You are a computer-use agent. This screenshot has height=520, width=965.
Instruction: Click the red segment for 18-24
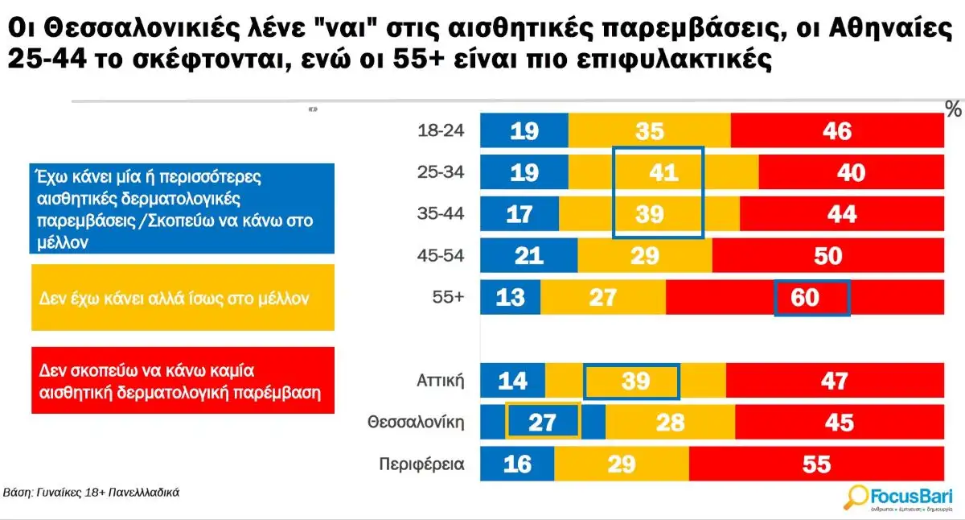click(x=836, y=131)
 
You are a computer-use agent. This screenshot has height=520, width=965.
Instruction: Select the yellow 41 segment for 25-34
click(x=663, y=172)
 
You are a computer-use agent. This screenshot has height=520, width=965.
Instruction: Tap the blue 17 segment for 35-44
click(x=519, y=214)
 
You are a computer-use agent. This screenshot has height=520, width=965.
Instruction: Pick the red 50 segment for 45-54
click(x=827, y=256)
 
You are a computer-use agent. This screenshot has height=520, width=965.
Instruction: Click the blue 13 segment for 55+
click(x=510, y=297)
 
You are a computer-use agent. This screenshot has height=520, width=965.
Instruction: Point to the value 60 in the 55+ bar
click(x=806, y=297)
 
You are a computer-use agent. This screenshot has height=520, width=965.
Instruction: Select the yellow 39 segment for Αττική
click(x=634, y=381)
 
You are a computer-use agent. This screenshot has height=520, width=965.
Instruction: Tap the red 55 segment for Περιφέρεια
click(x=815, y=464)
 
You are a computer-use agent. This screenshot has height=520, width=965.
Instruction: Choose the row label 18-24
click(x=441, y=131)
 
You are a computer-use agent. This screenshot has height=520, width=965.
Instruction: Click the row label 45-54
click(x=441, y=256)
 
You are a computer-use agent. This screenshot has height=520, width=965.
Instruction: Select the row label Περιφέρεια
click(x=421, y=464)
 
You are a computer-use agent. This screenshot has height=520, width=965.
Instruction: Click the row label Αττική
click(x=441, y=381)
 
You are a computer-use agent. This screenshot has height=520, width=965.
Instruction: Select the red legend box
click(x=182, y=381)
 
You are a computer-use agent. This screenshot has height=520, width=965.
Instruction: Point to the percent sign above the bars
click(x=954, y=109)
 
